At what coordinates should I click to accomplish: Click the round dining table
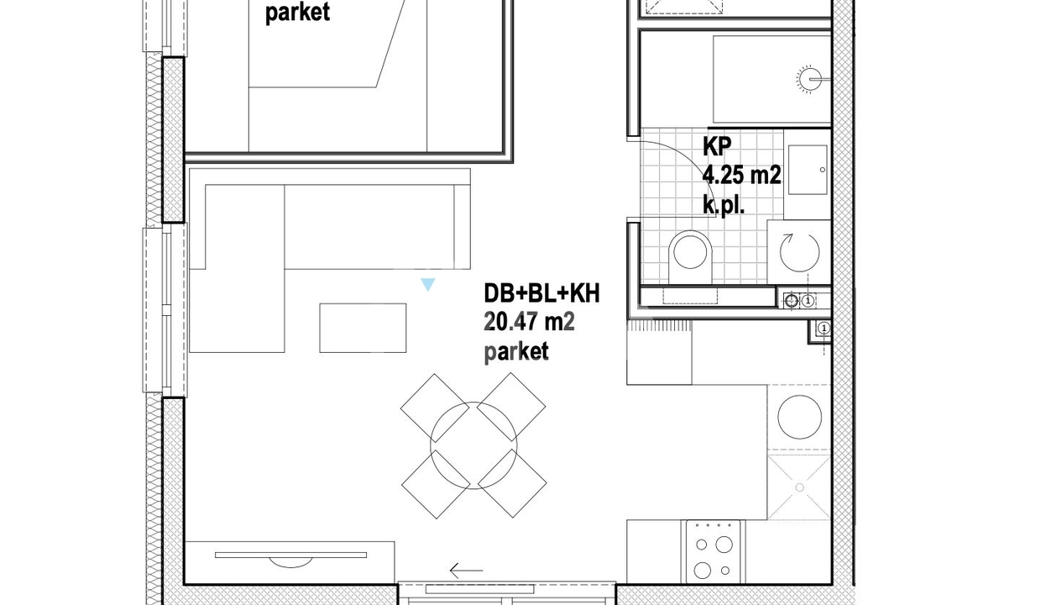(x=473, y=445)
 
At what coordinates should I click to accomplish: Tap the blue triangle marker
(x=427, y=284)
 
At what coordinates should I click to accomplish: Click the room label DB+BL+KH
(x=541, y=293)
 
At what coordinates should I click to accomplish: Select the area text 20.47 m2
(x=530, y=322)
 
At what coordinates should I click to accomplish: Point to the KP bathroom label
(x=717, y=146)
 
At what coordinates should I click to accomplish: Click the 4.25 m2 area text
(x=742, y=176)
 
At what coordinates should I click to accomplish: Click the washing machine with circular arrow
(x=799, y=252)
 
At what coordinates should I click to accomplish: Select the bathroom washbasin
(x=808, y=169)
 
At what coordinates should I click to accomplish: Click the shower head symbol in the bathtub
(x=809, y=79)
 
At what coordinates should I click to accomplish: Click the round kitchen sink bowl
(x=799, y=417)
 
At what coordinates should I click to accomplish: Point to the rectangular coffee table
(x=363, y=328)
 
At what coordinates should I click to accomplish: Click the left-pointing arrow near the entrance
(x=466, y=570)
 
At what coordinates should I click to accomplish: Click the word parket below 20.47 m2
(x=516, y=352)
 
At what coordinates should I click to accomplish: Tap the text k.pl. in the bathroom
(x=724, y=205)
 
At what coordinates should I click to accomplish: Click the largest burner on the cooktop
(x=724, y=544)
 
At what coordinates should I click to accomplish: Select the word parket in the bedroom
(x=297, y=12)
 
